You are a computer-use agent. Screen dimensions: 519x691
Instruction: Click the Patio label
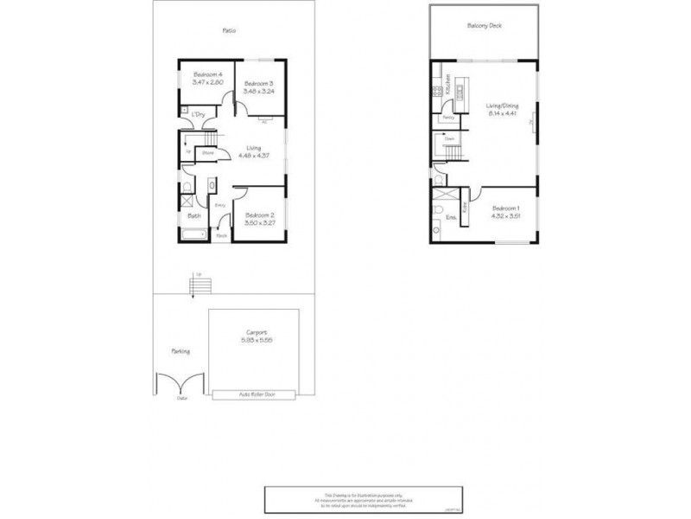pos(229,30)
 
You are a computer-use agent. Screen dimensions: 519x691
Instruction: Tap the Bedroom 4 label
pos(208,74)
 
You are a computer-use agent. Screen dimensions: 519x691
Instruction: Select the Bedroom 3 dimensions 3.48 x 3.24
pos(258,91)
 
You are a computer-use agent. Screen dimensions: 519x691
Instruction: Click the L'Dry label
pos(198,114)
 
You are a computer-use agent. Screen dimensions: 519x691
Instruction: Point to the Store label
pos(208,154)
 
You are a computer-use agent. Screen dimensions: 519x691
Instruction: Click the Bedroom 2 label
pos(259,215)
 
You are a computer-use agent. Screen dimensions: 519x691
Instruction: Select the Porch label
pos(221,235)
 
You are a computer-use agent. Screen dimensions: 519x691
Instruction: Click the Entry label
pos(219,205)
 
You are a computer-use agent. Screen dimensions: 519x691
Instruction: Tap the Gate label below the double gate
pos(181,399)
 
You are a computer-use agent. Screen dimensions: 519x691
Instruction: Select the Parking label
pos(180,351)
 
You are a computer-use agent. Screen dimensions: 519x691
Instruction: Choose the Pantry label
pos(448,117)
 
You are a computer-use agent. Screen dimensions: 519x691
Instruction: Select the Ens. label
pos(450,218)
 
